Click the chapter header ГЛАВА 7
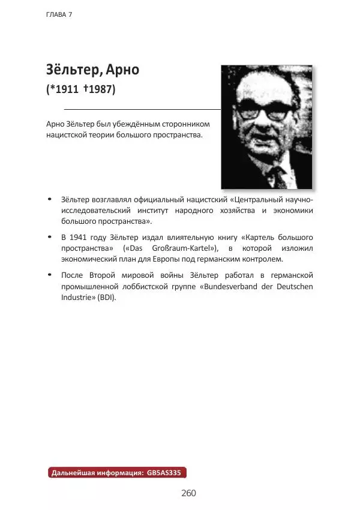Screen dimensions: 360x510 (x=59, y=14)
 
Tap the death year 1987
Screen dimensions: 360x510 (x=99, y=89)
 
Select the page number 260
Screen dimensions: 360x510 (x=188, y=493)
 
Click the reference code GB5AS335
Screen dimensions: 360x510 (x=163, y=473)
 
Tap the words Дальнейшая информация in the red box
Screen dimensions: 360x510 (x=95, y=473)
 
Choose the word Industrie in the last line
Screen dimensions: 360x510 (x=76, y=298)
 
